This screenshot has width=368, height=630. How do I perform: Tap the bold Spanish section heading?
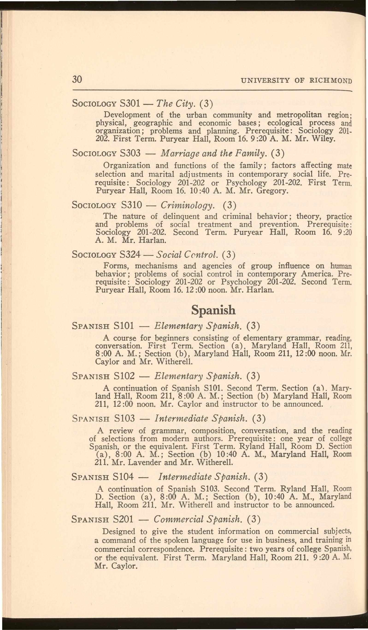pyautogui.click(x=213, y=310)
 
